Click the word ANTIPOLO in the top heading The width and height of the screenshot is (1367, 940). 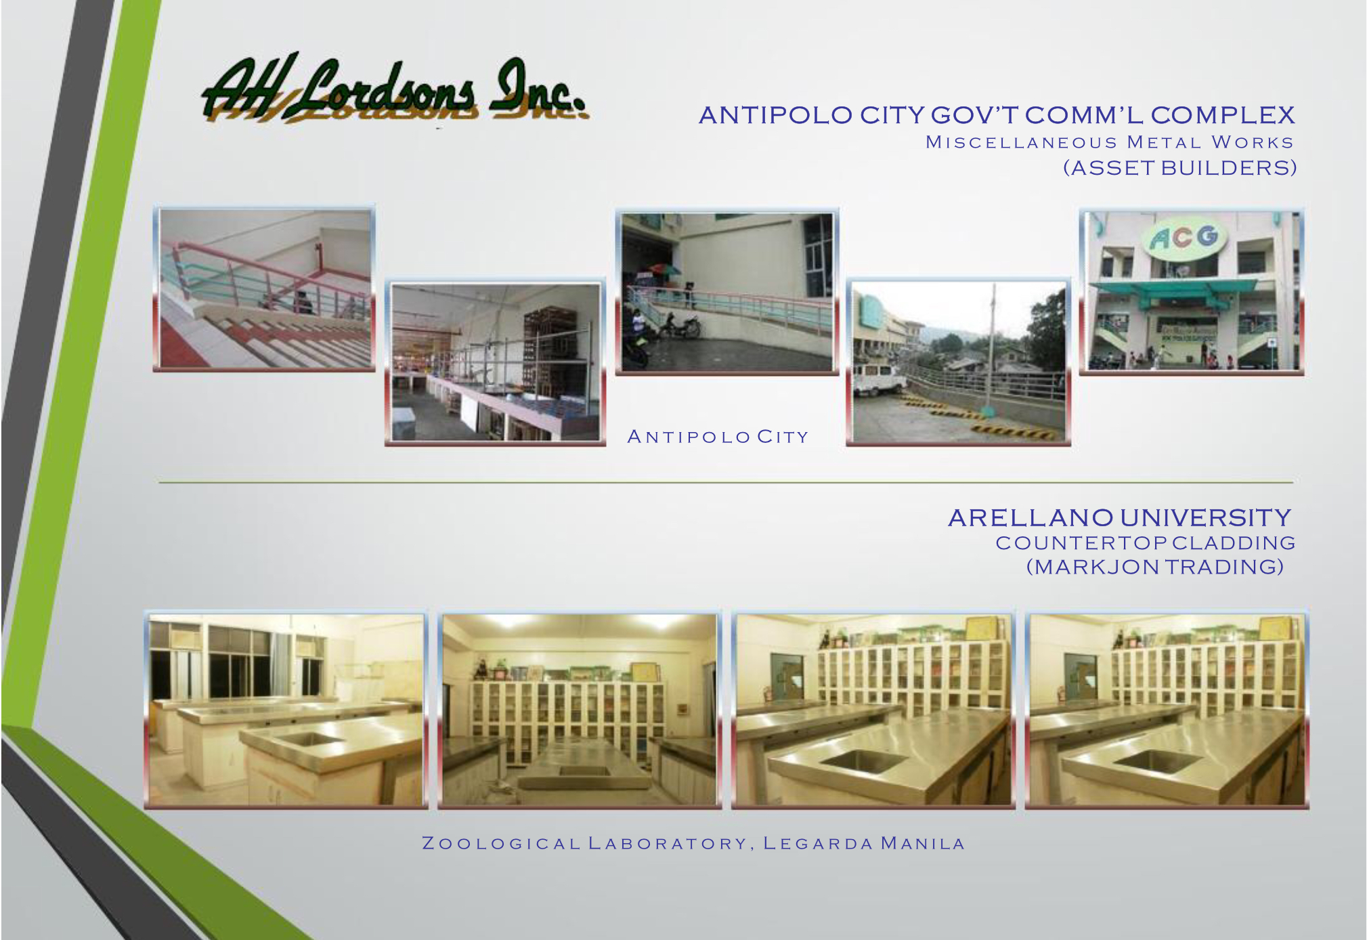click(775, 115)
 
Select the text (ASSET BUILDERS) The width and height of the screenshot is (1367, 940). click(1179, 168)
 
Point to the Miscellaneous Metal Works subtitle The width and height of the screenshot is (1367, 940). click(1110, 142)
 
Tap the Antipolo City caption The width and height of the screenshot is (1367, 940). click(718, 437)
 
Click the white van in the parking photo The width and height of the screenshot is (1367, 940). click(878, 379)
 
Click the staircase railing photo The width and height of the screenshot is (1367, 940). click(265, 289)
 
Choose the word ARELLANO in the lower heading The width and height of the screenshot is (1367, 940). click(1030, 518)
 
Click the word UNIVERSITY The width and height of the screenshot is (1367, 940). click(1206, 518)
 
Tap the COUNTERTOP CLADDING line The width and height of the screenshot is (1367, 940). click(1145, 543)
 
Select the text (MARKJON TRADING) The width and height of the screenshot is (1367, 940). click(1155, 567)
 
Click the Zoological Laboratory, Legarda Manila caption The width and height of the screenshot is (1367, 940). click(693, 844)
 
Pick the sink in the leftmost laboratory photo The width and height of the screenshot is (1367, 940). click(309, 738)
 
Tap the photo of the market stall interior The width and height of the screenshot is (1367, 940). click(496, 362)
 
